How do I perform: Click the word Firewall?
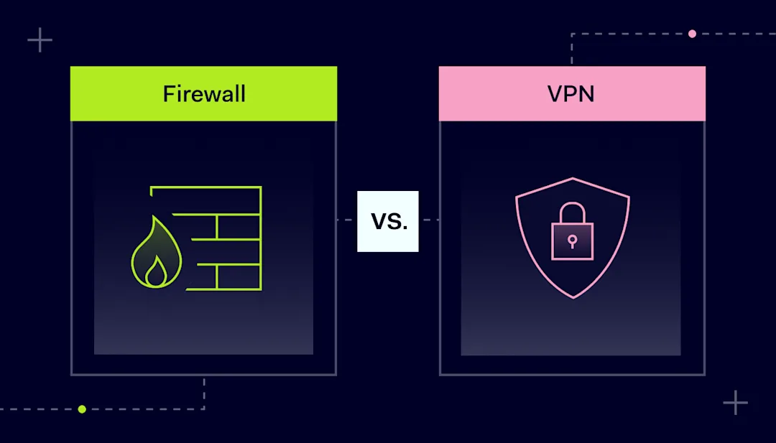204,94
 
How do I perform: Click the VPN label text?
571,94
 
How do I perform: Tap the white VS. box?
388,221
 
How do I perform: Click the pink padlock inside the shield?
572,231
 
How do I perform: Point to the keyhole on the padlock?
572,242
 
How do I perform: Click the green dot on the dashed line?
82,409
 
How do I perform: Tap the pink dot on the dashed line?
693,34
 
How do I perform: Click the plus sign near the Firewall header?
40,40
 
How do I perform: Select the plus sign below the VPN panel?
736,403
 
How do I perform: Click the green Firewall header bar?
203,93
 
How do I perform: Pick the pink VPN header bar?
572,93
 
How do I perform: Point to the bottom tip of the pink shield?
573,298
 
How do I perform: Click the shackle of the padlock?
572,213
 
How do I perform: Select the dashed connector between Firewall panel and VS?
347,220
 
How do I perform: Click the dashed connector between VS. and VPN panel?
428,220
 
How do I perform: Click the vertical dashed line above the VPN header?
572,50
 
